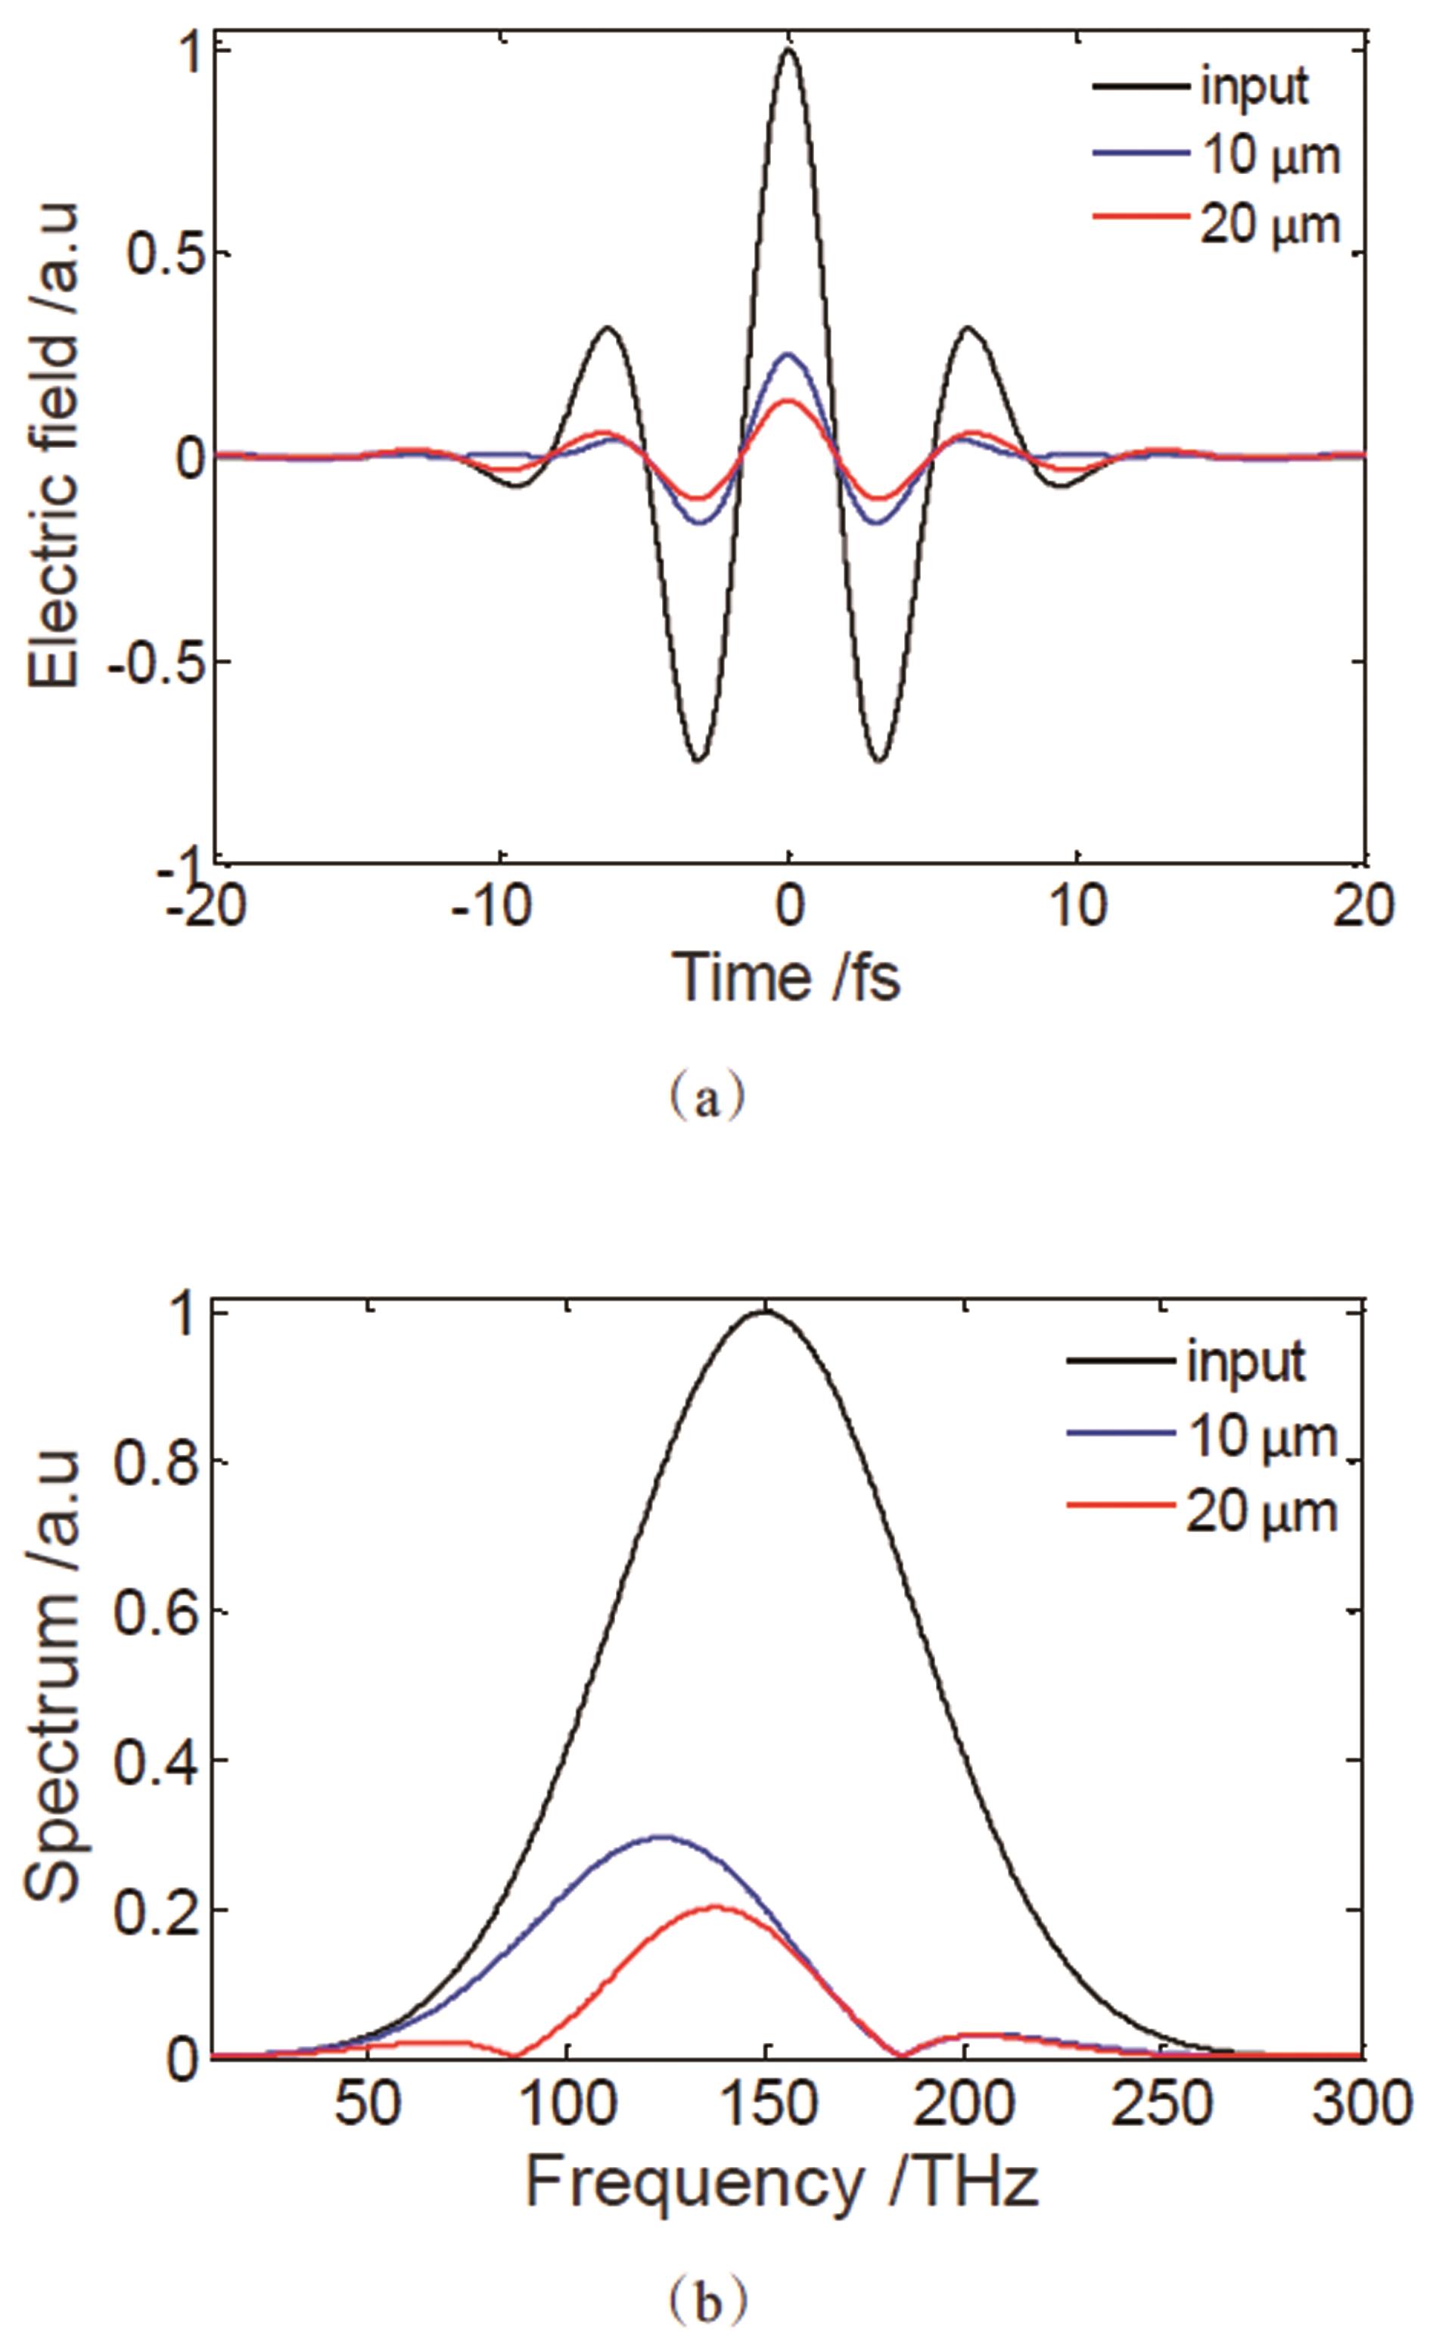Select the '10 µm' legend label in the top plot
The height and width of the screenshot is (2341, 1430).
click(x=1270, y=156)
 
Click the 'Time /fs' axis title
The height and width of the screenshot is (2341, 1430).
click(x=786, y=977)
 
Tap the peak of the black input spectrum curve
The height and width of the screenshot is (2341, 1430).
click(x=765, y=1596)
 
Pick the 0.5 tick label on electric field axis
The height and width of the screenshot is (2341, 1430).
click(x=156, y=253)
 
